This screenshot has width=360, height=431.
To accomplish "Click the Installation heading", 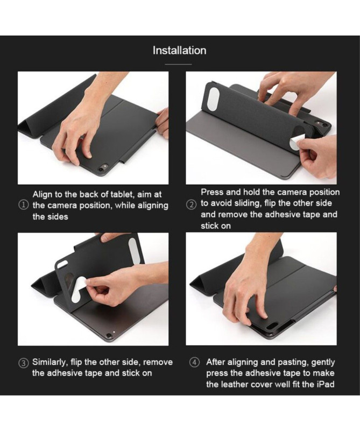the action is pos(179,51).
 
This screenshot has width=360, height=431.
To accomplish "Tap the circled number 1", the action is pos(23,205).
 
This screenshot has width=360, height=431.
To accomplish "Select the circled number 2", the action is pos(191,205).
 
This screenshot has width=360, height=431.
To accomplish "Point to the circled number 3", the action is pos(23,363).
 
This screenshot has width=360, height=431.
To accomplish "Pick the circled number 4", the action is pos(194,362).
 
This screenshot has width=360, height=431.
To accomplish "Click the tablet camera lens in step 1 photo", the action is pos(104,167).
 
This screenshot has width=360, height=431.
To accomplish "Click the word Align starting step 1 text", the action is pos(43,195).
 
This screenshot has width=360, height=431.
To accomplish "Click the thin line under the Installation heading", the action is pos(178,65).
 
